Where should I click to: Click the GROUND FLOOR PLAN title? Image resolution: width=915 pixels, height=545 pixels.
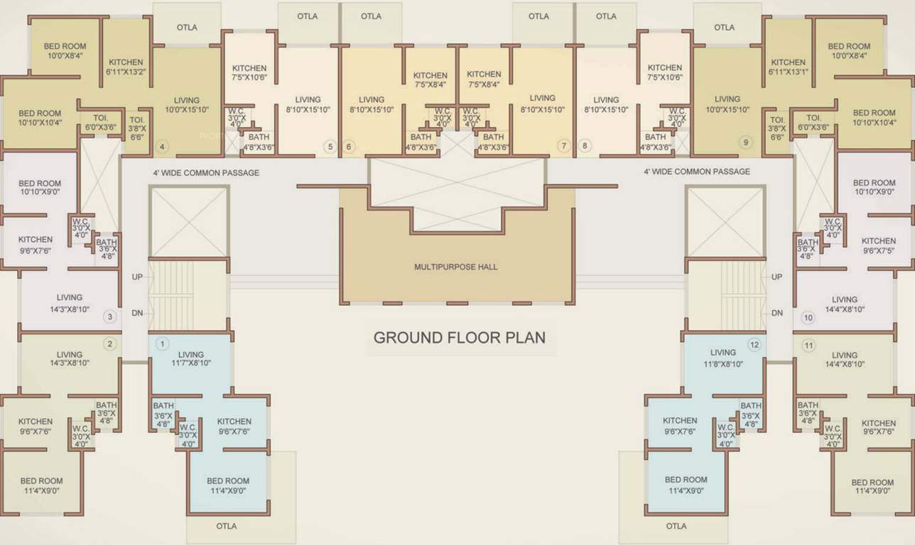(460, 337)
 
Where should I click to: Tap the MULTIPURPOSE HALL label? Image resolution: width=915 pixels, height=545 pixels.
(455, 267)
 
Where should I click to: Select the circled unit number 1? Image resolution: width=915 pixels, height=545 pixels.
(162, 344)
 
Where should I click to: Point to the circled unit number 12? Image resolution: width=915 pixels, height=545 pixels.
(754, 345)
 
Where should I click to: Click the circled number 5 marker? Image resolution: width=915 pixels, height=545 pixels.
(329, 147)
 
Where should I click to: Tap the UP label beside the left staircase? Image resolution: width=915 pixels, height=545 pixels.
(137, 277)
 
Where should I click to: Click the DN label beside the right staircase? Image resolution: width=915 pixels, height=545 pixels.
(777, 313)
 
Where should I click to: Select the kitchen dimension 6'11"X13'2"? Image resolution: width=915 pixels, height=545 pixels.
(126, 72)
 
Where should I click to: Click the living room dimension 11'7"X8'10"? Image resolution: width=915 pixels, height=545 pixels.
(190, 363)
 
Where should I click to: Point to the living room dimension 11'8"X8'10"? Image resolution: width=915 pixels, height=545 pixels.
(722, 363)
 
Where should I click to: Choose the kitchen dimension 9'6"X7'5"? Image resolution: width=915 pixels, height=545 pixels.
(879, 251)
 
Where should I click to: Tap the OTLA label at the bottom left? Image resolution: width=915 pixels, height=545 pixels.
(227, 526)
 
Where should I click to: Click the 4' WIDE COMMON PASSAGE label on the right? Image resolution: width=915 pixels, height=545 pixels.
(696, 172)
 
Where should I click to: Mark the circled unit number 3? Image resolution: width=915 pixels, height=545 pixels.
(109, 316)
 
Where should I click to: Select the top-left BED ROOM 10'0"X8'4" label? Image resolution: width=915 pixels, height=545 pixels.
(65, 51)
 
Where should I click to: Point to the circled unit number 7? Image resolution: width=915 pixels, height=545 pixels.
(564, 146)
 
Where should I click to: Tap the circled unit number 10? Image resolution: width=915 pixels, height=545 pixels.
(808, 317)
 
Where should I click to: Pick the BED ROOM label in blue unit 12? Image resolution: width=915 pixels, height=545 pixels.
(686, 480)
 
